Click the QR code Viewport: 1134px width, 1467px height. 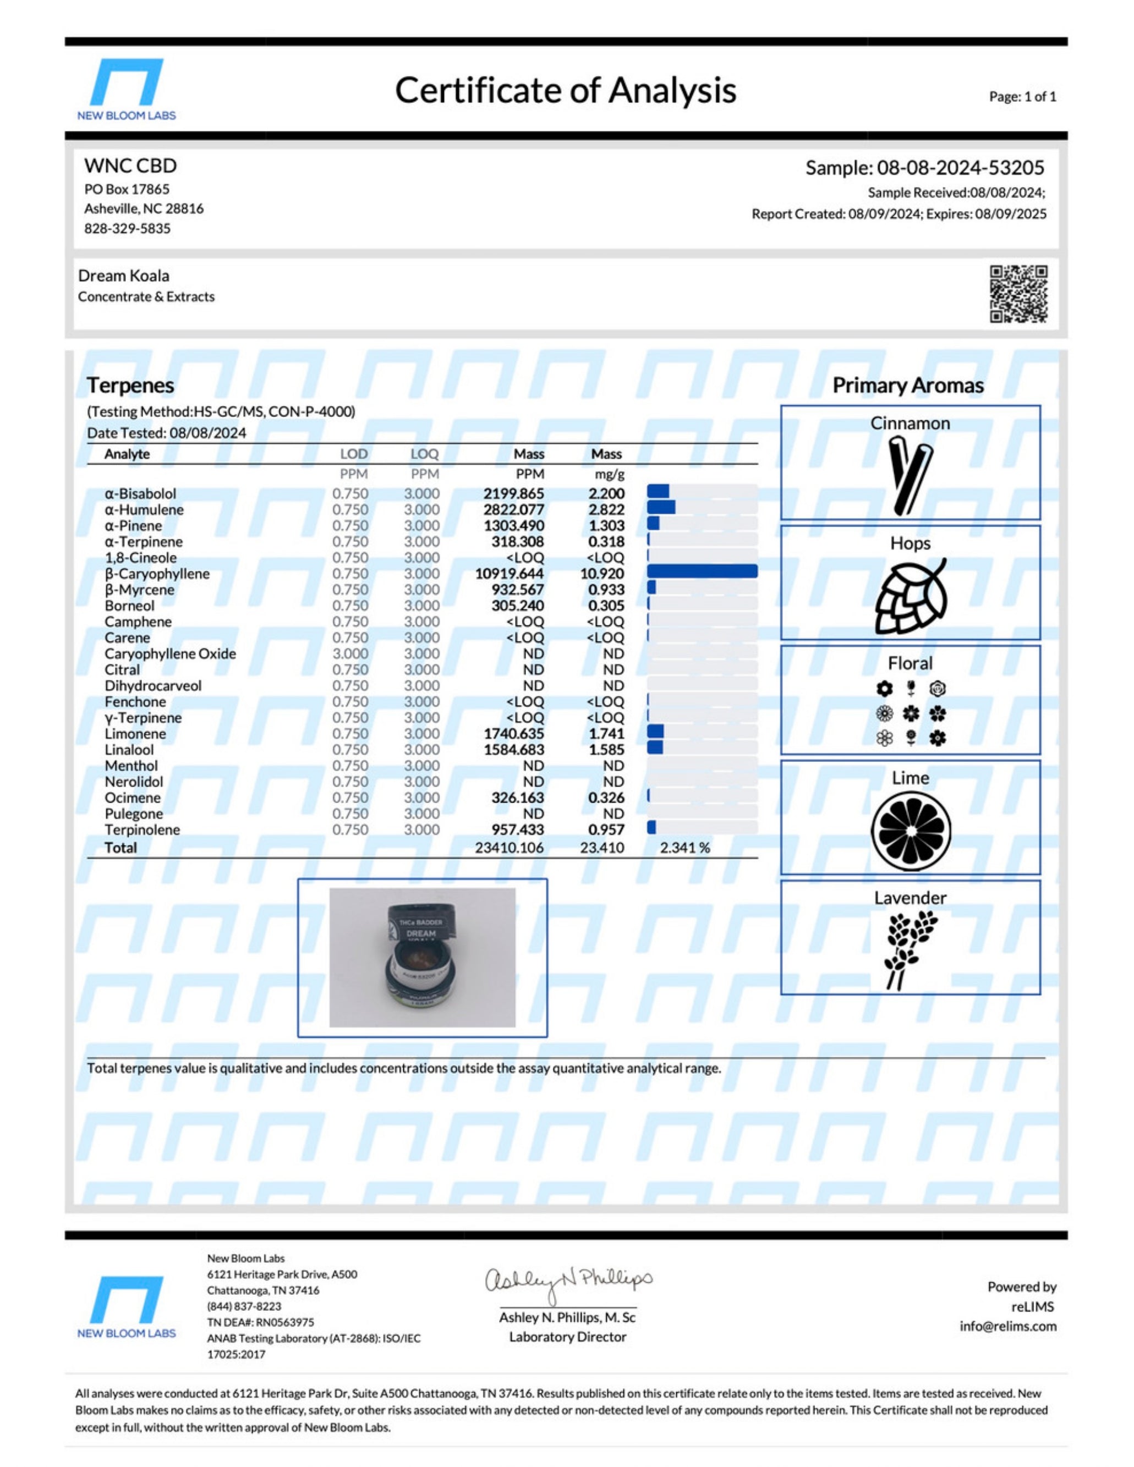point(1018,294)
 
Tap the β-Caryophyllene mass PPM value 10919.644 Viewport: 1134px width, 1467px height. point(509,574)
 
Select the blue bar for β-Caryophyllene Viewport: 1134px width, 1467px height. point(702,572)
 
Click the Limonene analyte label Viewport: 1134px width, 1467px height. point(135,734)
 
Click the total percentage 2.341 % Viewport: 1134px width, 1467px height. point(684,848)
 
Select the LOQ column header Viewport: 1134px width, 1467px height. point(424,454)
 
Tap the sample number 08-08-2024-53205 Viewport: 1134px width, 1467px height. point(960,167)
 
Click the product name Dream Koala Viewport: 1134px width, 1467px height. point(124,276)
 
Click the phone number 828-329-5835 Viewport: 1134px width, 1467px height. point(127,228)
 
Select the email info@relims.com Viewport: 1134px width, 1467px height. point(1007,1327)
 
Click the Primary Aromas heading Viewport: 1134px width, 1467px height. point(908,385)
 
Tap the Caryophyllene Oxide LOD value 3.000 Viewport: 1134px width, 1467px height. point(350,653)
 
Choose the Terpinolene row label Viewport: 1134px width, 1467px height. point(143,829)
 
